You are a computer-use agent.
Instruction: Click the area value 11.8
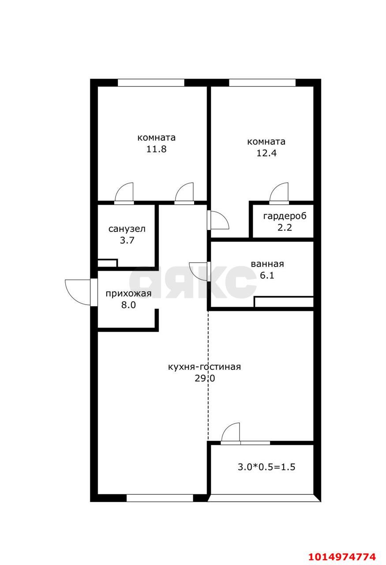click(156, 149)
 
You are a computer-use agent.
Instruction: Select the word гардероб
click(285, 216)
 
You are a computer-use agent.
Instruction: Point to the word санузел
click(127, 229)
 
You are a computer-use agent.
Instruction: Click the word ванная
click(267, 264)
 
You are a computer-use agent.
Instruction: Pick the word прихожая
click(128, 294)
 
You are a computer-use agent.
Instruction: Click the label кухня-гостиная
click(204, 367)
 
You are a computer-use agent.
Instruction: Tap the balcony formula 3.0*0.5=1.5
click(266, 467)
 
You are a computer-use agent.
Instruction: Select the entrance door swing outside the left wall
click(78, 291)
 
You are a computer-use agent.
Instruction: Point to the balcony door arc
click(231, 432)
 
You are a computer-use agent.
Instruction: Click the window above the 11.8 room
click(151, 83)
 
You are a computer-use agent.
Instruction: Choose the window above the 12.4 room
click(262, 83)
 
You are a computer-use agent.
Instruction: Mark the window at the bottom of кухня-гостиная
click(160, 498)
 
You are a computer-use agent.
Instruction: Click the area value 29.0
click(204, 378)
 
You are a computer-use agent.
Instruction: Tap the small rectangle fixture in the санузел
click(107, 263)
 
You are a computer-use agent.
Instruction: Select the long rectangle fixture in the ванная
click(284, 302)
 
